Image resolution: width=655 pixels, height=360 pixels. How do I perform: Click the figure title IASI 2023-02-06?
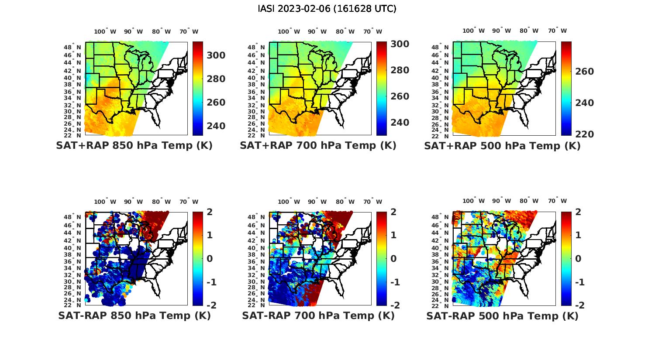tap(327, 9)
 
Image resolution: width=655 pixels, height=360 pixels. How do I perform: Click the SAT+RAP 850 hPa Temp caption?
tap(134, 146)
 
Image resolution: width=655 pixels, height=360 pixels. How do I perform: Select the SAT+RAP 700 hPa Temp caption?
tap(318, 146)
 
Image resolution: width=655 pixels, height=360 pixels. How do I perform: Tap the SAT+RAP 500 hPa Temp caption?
tap(502, 146)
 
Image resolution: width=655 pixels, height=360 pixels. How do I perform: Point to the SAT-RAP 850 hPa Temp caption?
tap(134, 315)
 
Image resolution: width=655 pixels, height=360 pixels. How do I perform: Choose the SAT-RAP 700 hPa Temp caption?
tap(318, 315)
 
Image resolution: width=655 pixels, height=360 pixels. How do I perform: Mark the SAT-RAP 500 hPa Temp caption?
tap(502, 315)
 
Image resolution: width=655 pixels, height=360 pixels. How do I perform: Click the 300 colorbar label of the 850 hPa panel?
tap(216, 55)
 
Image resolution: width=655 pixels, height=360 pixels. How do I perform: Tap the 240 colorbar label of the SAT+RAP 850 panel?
tap(216, 126)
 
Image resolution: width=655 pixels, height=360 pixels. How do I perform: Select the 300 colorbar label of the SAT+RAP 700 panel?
tap(400, 44)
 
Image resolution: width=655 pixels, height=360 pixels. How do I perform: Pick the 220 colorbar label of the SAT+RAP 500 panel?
tap(584, 134)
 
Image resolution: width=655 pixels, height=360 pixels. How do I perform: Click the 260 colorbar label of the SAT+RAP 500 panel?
tap(584, 72)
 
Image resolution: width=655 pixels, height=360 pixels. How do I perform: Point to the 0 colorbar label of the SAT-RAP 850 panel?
tap(210, 259)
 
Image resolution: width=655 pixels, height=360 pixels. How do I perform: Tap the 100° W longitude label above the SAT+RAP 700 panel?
tap(289, 31)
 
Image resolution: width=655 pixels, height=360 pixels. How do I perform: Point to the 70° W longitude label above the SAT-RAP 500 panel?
tap(557, 201)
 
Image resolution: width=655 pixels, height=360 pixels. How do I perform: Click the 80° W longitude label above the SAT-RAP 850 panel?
tap(162, 202)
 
